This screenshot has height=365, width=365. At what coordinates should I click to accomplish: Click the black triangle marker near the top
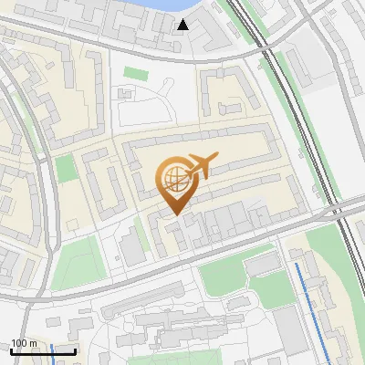click(184, 25)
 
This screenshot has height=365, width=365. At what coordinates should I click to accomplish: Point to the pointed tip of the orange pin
click(173, 214)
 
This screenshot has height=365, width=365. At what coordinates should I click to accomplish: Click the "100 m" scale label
click(24, 342)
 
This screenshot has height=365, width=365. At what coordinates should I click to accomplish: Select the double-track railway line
click(301, 119)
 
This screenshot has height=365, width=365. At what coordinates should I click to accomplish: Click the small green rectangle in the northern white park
click(135, 73)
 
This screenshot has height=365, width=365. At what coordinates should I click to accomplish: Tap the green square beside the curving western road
click(64, 168)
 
